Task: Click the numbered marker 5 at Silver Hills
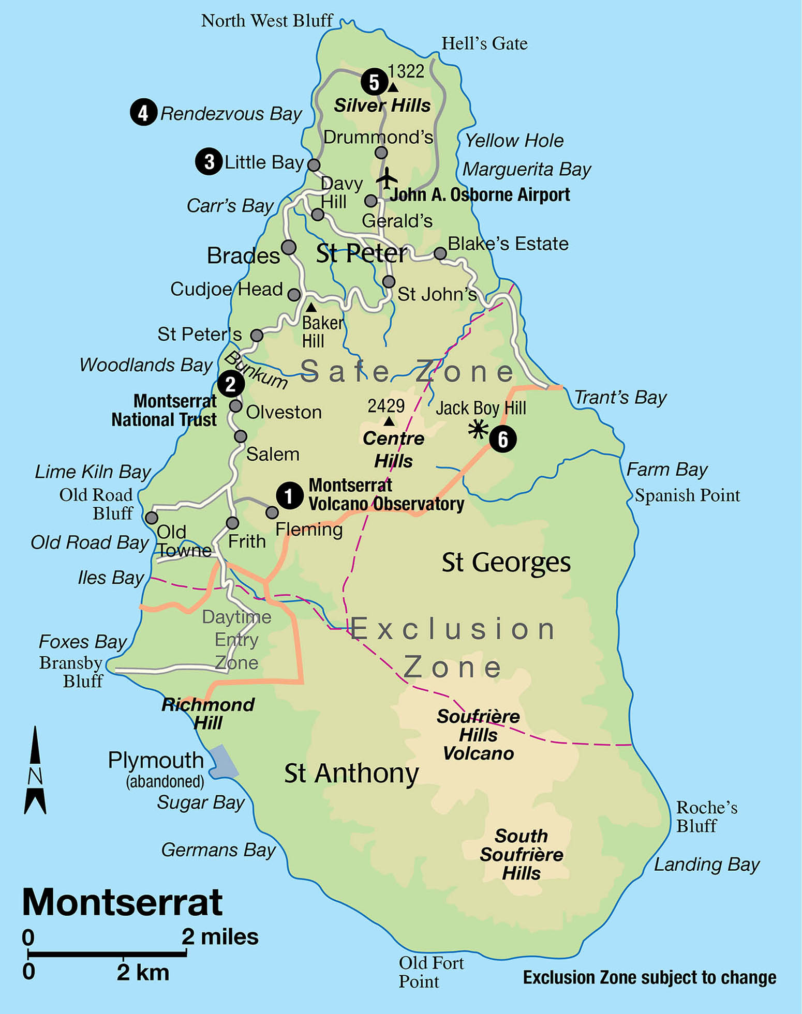tap(374, 82)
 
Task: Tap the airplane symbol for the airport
tap(387, 179)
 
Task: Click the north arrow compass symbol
tap(35, 770)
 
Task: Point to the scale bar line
tap(107, 954)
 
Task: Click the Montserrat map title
tap(122, 902)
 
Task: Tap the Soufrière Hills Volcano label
tap(478, 735)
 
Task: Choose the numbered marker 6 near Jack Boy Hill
tap(502, 439)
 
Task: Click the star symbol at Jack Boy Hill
tap(478, 430)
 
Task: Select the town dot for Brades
tap(289, 247)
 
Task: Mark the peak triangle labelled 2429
tap(389, 422)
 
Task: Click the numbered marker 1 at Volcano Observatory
tap(289, 496)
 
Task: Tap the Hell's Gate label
tap(484, 44)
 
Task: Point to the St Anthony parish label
tap(351, 774)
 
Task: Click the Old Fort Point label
tap(430, 972)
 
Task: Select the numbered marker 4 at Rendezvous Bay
tap(143, 112)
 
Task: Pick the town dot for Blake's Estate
tap(440, 253)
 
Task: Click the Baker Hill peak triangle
tap(311, 308)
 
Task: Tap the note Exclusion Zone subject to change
tap(649, 978)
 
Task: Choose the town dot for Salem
tap(240, 436)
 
